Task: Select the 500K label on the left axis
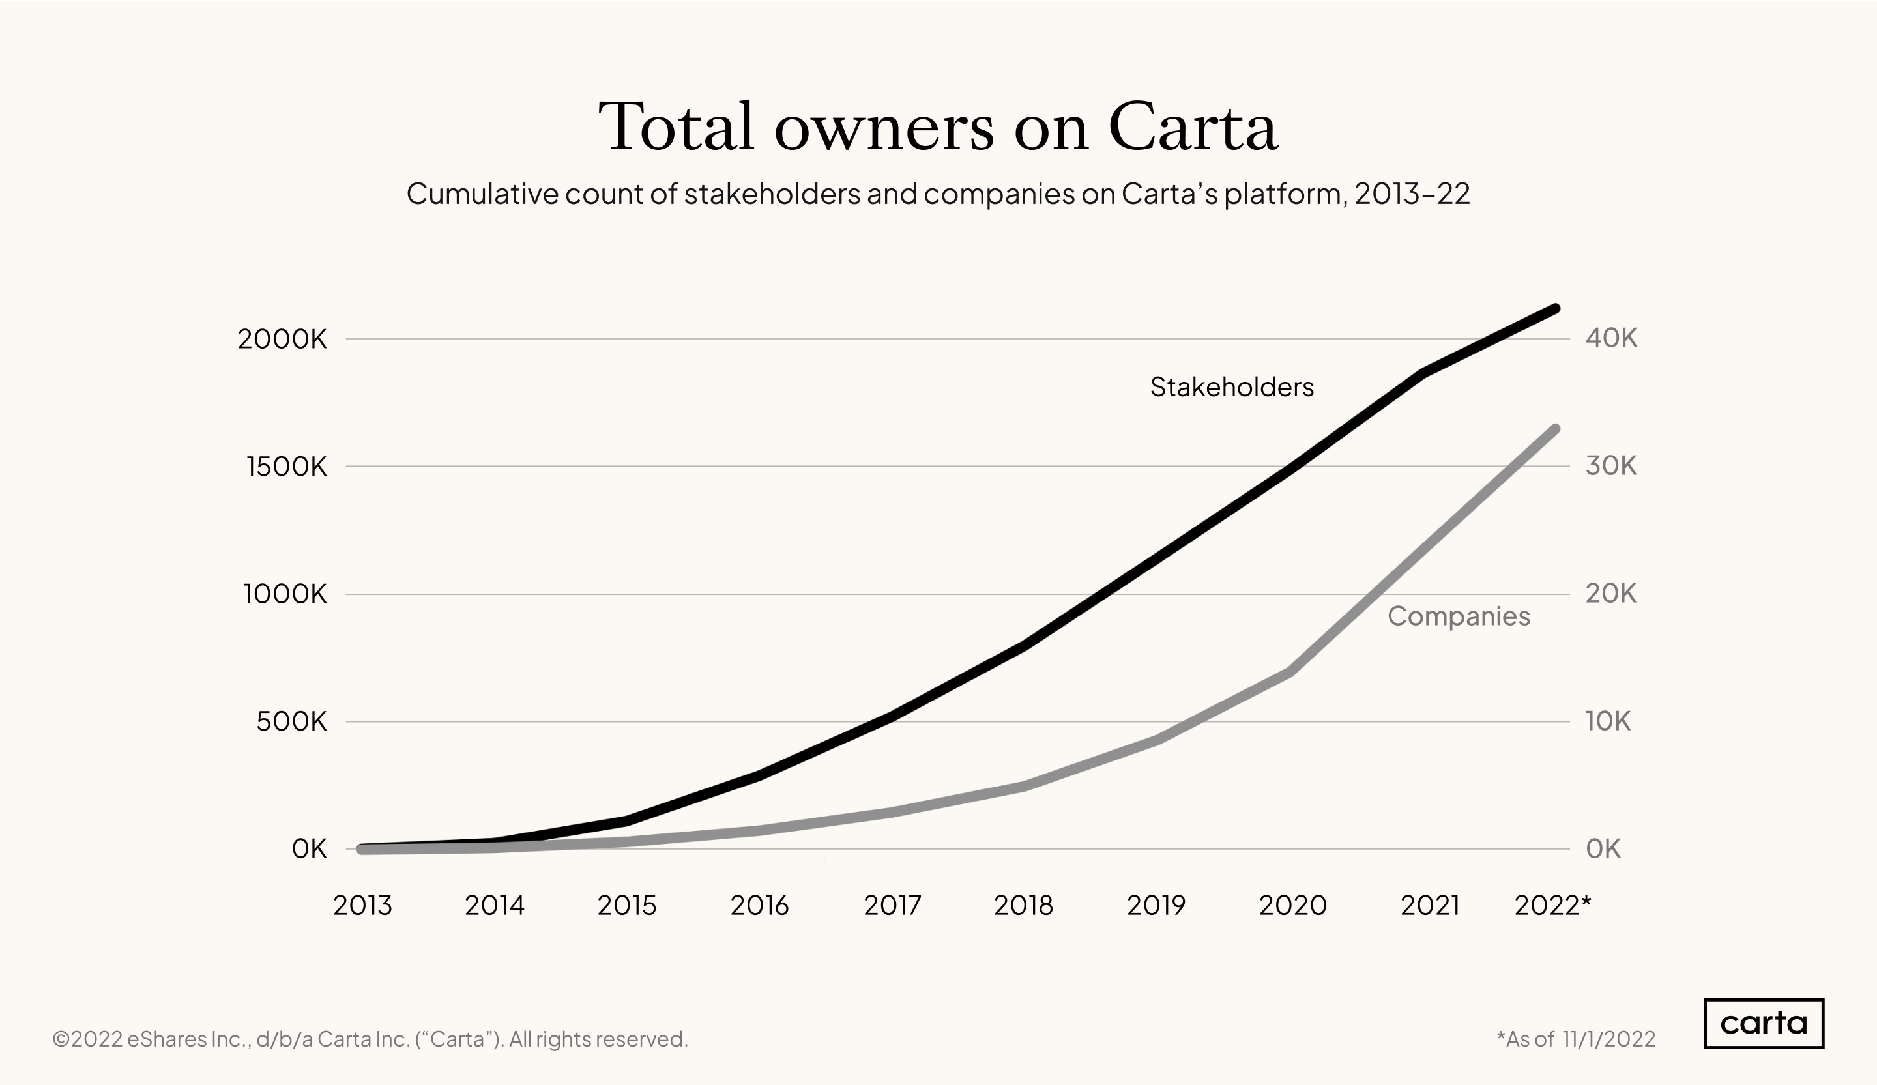291,721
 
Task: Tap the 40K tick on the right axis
1611,338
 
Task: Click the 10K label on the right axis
1607,721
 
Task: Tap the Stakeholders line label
1231,387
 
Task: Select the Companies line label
1459,616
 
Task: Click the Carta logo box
1763,1023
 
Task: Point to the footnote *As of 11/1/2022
1575,1039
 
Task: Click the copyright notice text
370,1039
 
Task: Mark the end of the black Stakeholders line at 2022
1554,308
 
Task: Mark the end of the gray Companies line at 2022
1554,429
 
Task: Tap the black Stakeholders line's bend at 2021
1423,373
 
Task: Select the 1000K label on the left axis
285,594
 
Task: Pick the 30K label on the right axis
1611,466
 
